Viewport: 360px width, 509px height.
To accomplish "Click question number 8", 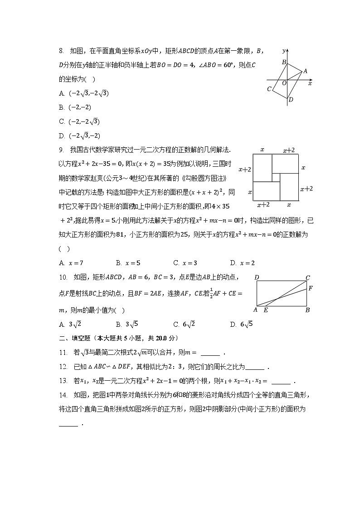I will [x=61, y=51].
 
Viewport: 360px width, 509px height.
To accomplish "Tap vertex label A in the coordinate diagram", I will [x=305, y=71].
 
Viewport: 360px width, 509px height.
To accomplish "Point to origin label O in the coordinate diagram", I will [x=284, y=82].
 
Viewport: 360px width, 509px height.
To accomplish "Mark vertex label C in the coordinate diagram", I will [x=269, y=89].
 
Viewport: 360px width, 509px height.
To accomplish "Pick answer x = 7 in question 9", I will [x=75, y=263].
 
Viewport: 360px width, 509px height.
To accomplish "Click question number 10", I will [x=63, y=277].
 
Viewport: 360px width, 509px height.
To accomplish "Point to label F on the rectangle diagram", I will [x=310, y=288].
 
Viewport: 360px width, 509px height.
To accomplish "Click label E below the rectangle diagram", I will [x=266, y=310].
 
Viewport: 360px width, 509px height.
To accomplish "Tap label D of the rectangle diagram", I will [x=257, y=277].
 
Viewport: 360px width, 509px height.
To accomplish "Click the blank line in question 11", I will [x=210, y=354].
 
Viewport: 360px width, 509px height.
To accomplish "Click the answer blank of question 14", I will [x=68, y=425].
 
